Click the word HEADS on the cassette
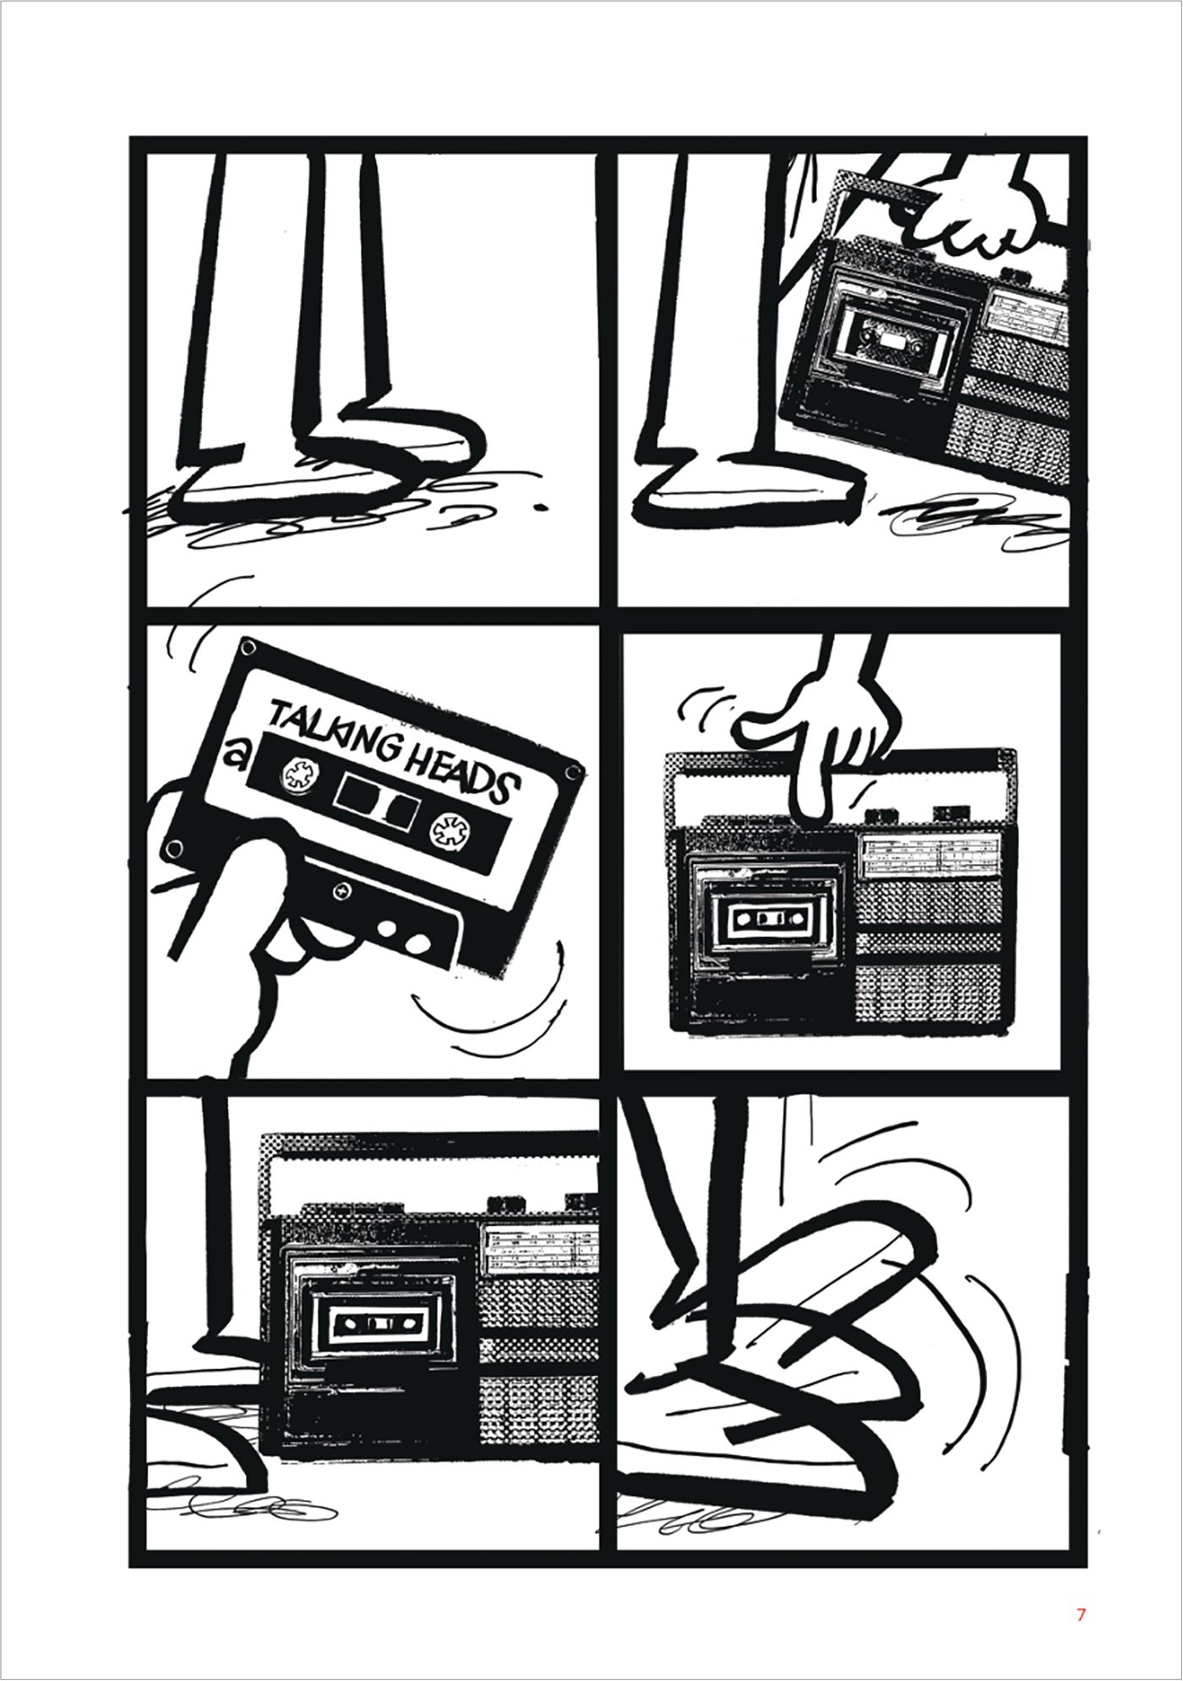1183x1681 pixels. pos(456,771)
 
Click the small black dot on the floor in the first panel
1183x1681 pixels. pos(539,508)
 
